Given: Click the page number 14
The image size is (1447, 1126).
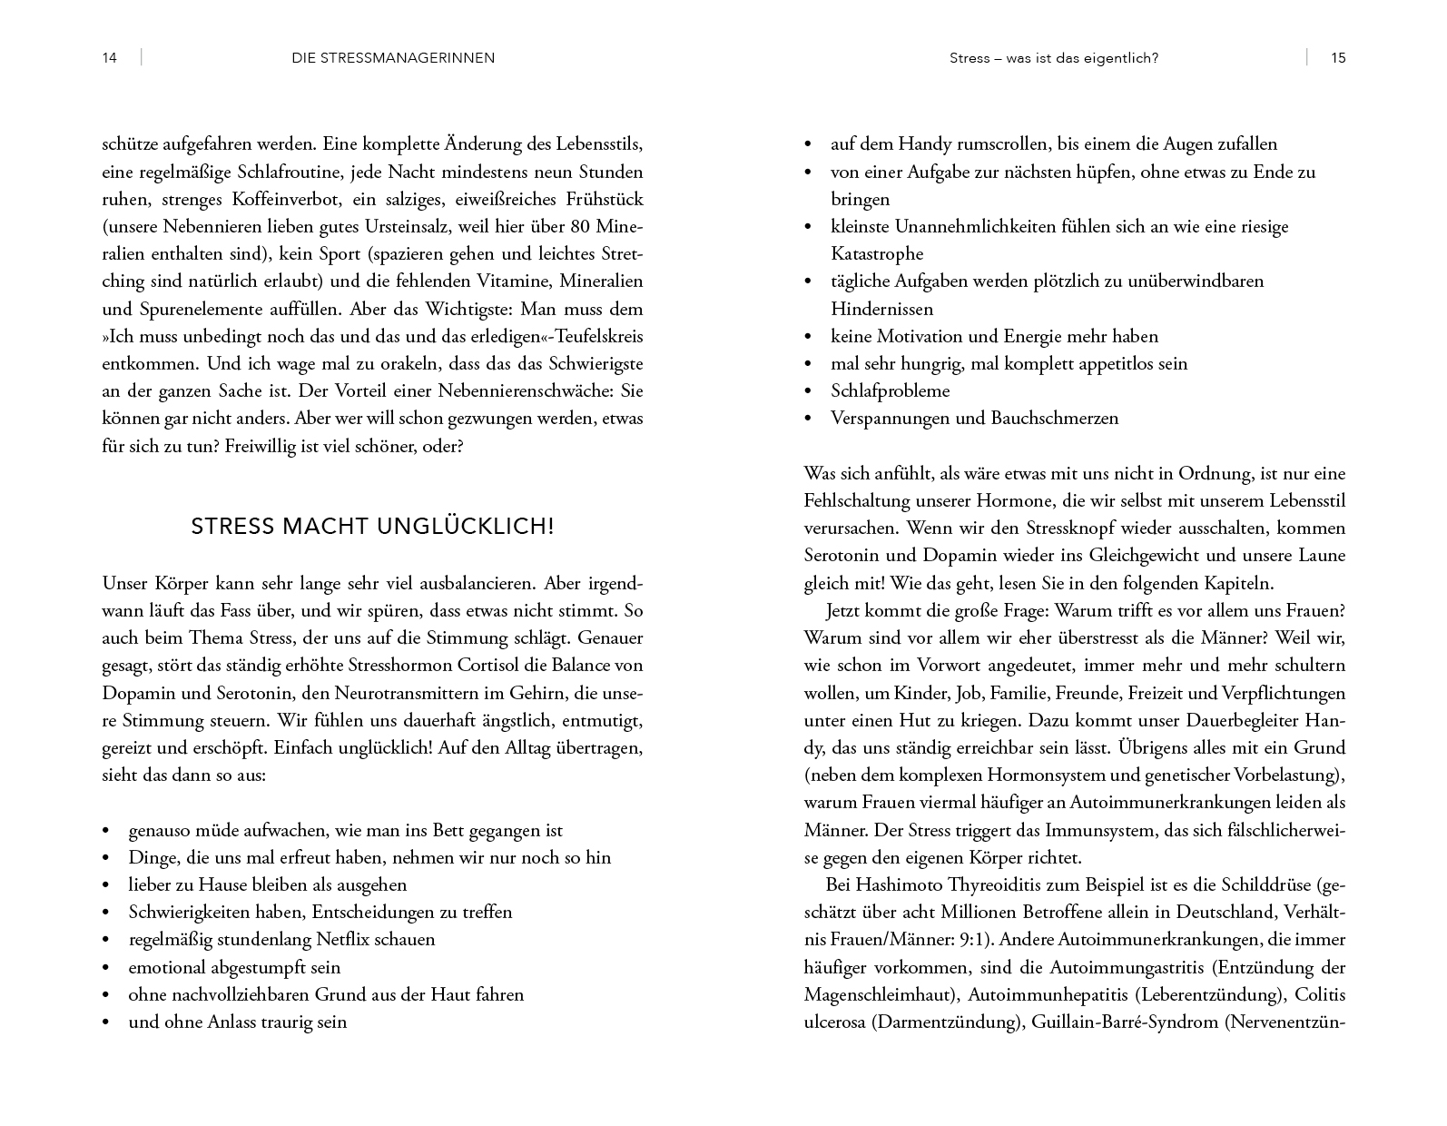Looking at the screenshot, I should (x=109, y=58).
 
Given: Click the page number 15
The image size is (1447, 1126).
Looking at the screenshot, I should (x=1338, y=58).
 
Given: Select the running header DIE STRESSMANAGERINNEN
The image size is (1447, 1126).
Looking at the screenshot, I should (x=393, y=58).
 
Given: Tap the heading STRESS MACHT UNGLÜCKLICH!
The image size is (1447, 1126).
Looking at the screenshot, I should (x=372, y=527).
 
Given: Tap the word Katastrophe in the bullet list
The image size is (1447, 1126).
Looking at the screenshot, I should (x=877, y=254).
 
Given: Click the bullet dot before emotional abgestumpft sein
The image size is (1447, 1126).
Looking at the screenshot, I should (x=107, y=968).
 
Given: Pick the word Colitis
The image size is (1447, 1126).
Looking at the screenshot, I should (x=1320, y=994).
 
